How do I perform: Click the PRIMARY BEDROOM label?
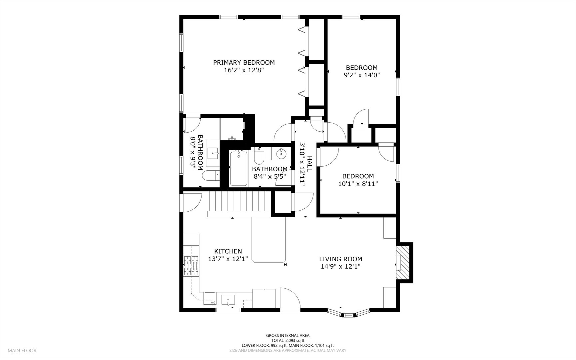coord(244,62)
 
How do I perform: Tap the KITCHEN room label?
coord(228,251)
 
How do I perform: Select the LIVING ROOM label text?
coord(340,259)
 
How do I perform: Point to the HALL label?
coord(309,164)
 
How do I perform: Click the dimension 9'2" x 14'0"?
coord(362,75)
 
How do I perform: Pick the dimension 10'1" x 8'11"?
coord(358,184)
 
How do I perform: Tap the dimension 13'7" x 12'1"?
coord(228,259)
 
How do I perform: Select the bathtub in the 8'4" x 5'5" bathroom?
coord(239,168)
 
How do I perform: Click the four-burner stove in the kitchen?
coord(191,266)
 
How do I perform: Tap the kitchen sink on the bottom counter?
coord(228,300)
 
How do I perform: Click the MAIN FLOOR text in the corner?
coord(22,350)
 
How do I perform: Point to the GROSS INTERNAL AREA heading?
coord(288,335)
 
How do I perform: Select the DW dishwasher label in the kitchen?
coord(214,302)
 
